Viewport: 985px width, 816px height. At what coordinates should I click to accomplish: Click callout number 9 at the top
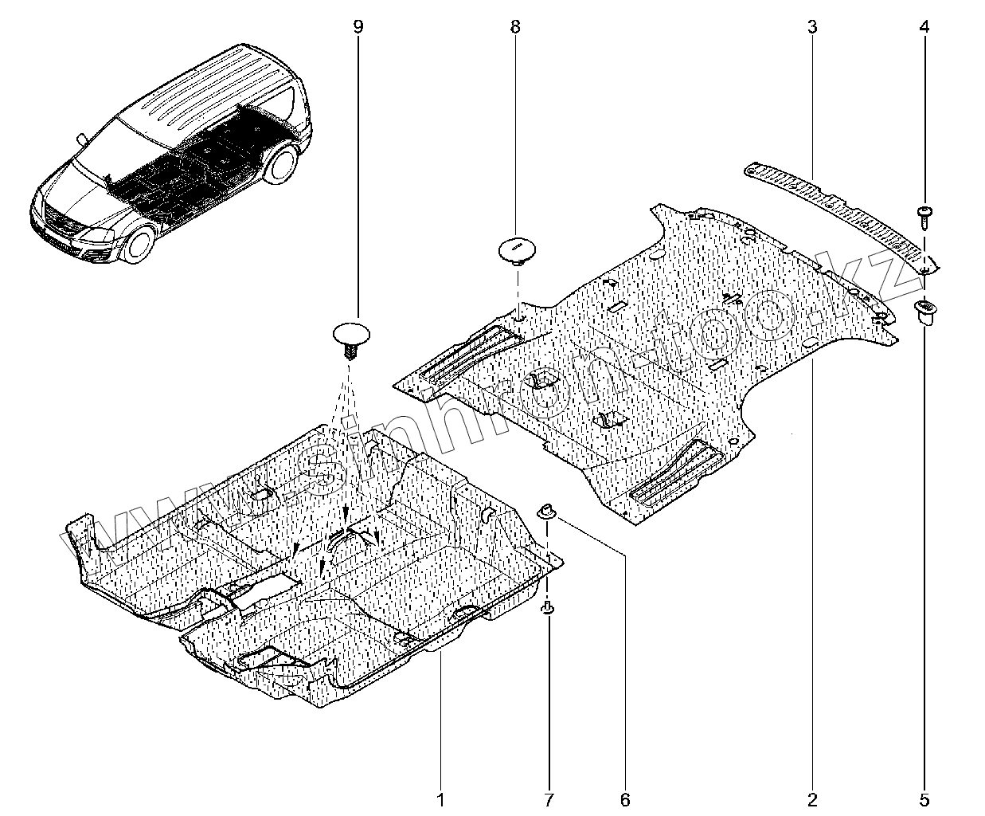point(358,27)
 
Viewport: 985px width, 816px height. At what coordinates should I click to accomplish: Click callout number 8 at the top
point(515,27)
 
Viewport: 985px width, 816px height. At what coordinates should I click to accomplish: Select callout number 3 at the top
point(812,27)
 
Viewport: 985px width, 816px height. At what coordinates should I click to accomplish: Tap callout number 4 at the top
point(924,27)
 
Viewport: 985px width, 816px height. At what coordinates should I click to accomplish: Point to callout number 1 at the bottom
point(440,798)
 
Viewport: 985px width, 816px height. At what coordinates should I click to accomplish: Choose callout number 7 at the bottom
point(549,798)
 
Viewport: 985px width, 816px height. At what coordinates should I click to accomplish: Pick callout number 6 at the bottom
point(625,798)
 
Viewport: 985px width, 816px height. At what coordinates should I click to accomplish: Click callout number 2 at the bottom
point(812,798)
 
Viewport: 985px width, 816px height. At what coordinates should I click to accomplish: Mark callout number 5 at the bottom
point(924,798)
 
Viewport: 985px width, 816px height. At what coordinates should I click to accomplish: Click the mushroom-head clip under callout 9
point(350,335)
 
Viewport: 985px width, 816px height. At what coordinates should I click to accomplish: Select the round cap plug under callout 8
point(516,248)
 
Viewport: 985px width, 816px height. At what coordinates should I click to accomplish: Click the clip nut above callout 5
point(926,310)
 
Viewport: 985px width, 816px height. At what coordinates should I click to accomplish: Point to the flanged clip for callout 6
point(547,510)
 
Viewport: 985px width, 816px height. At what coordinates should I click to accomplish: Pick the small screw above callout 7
point(549,610)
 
